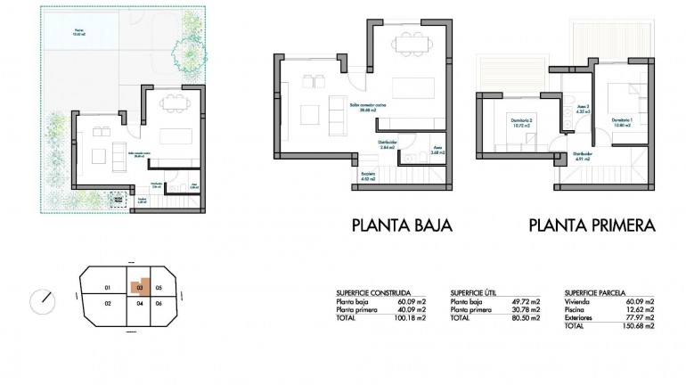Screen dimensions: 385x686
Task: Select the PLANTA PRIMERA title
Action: click(592, 225)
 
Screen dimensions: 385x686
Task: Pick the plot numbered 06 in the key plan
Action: click(159, 304)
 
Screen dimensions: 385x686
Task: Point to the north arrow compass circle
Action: click(42, 299)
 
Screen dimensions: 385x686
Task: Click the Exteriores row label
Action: click(580, 317)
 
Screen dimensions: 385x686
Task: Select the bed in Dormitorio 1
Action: click(621, 97)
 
